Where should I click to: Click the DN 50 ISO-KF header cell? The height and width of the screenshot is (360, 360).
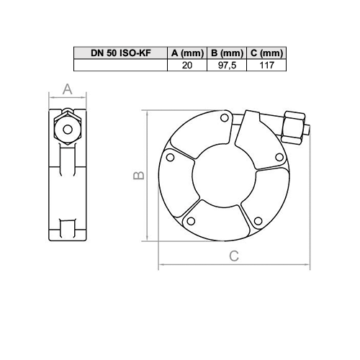point(120,53)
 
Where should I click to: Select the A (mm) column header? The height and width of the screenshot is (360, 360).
point(185,53)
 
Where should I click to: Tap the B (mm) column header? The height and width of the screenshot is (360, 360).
point(225,53)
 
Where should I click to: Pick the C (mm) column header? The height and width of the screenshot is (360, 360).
point(266,53)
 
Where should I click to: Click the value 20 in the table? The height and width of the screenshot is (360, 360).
point(185,65)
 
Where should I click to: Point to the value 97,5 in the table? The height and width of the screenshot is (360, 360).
point(225,65)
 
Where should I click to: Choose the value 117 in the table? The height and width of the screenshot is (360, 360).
point(266,65)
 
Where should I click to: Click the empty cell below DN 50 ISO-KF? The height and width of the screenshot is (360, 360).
point(120,65)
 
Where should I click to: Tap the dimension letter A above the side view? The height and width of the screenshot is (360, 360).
point(67,89)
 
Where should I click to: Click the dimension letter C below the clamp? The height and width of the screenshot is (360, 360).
point(233,256)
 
